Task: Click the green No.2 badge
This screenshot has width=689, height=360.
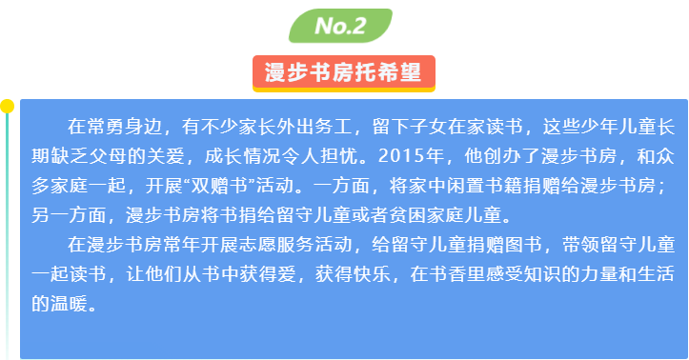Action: [x=340, y=26]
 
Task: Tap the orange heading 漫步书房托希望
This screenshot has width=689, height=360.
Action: [x=344, y=72]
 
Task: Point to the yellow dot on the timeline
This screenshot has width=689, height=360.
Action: [x=7, y=107]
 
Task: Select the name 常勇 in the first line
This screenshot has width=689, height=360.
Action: [x=106, y=127]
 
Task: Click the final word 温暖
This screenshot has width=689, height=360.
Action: [x=70, y=304]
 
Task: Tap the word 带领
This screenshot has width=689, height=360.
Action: [x=581, y=245]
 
